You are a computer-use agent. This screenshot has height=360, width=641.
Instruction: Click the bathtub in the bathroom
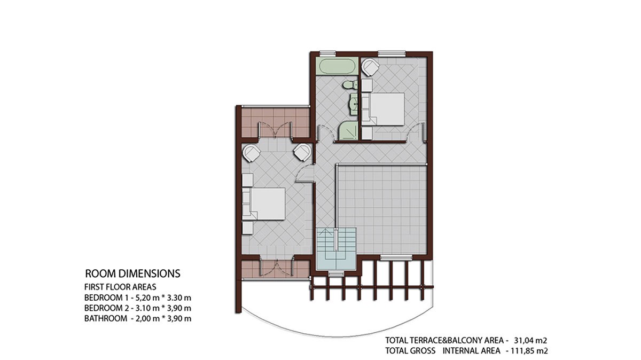tap(337, 66)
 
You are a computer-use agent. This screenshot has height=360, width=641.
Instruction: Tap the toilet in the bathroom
tap(350, 85)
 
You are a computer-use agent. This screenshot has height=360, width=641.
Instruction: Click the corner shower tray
tap(348, 130)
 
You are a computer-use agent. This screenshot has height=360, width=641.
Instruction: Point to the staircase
tap(337, 248)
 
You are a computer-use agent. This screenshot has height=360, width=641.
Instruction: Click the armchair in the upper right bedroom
tap(370, 67)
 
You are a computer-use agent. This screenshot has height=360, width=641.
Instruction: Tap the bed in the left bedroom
tap(264, 204)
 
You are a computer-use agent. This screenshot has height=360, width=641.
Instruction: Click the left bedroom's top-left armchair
tap(251, 153)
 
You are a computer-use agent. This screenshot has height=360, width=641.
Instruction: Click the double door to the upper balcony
tap(276, 130)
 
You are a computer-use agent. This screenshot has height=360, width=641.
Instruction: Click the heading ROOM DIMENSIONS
tap(133, 273)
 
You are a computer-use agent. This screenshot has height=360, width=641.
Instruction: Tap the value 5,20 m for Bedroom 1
tap(147, 298)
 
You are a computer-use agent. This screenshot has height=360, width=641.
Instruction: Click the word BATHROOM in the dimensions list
tap(106, 318)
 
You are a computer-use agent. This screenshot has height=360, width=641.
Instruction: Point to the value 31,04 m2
tap(530, 341)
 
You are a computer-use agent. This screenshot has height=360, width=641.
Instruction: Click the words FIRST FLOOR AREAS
tap(120, 287)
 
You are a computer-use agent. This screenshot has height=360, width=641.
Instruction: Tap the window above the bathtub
tap(327, 53)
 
